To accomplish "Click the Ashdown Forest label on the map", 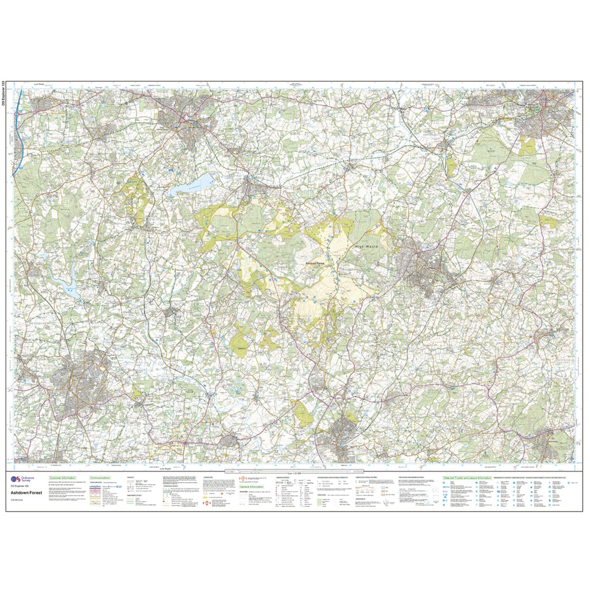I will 316,263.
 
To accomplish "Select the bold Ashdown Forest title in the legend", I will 26,493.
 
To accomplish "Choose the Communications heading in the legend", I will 100,478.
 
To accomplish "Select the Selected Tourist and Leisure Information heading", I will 467,478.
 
